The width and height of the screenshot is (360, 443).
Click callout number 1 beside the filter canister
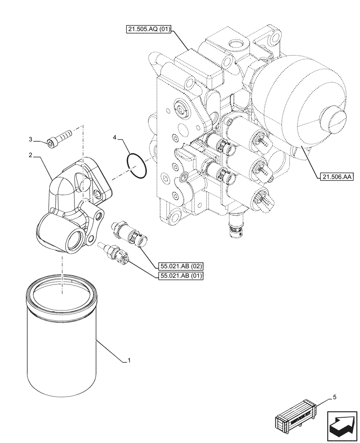click(129, 361)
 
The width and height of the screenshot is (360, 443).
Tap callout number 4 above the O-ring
click(114, 138)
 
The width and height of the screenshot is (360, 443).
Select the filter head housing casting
click(73, 204)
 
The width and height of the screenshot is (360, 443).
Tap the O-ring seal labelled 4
click(137, 165)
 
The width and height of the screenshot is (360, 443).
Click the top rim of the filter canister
click(62, 290)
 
